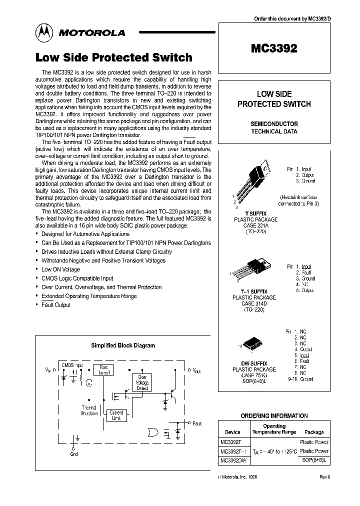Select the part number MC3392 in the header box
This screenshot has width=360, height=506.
click(x=273, y=48)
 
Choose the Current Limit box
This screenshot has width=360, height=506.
click(x=116, y=415)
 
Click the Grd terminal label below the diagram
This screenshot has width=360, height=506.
click(x=74, y=454)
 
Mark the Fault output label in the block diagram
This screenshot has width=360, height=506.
click(x=197, y=423)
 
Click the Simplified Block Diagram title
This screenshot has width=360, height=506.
click(x=122, y=345)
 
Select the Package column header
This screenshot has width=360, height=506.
click(x=314, y=432)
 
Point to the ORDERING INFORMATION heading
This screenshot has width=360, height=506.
click(x=274, y=416)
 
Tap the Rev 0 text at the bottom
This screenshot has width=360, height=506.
click(x=325, y=477)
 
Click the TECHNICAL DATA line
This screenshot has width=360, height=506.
click(x=273, y=132)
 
